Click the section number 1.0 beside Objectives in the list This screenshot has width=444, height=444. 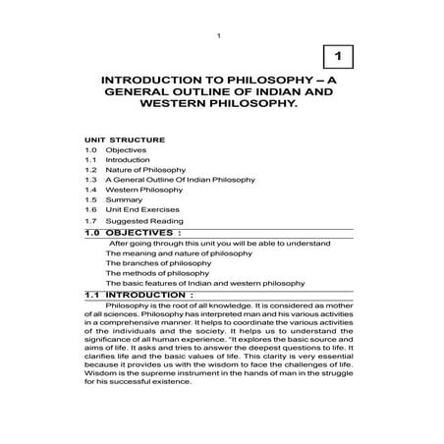pyautogui.click(x=90, y=150)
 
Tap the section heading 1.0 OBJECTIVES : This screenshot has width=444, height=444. pyautogui.click(x=136, y=235)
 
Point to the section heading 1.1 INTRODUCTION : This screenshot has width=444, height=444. pyautogui.click(x=139, y=295)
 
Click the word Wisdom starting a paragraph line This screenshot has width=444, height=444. pyautogui.click(x=100, y=372)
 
